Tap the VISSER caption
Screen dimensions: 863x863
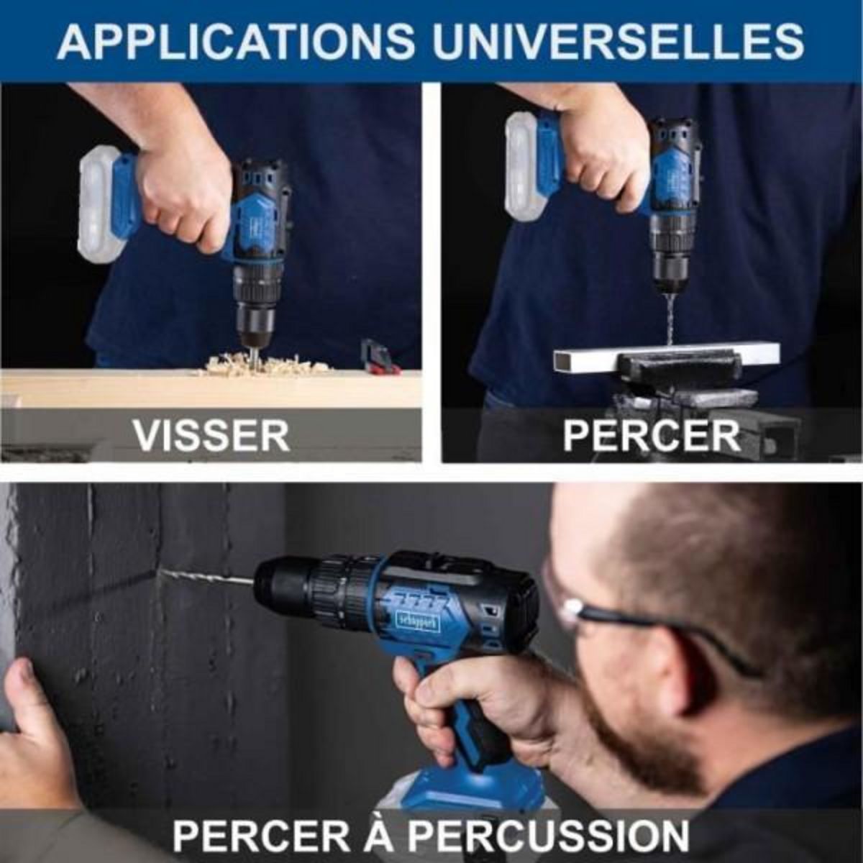(x=211, y=434)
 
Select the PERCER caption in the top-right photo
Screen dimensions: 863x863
(x=651, y=434)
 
